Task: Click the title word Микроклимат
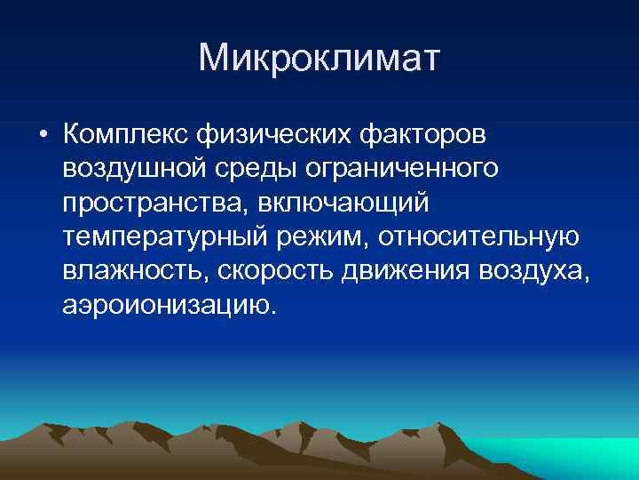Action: (319, 59)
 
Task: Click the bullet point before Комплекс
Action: (42, 134)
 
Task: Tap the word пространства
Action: (154, 204)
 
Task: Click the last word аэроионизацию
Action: (169, 306)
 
